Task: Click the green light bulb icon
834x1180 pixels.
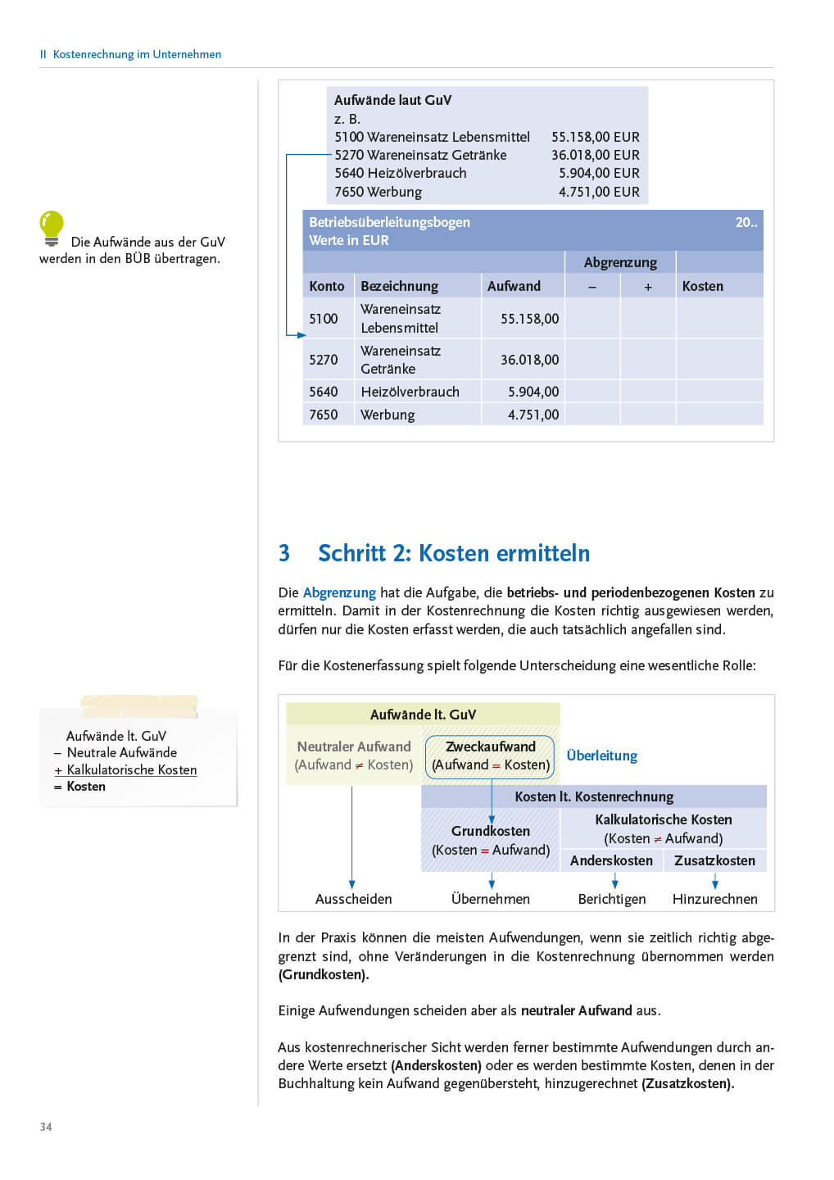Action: pos(52,228)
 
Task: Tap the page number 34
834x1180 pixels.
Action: pos(46,1127)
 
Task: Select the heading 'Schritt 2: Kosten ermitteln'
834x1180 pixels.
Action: pos(453,553)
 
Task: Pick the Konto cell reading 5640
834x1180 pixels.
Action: pos(324,392)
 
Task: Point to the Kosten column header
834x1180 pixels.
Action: pos(702,286)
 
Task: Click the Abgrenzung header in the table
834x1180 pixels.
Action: pos(620,262)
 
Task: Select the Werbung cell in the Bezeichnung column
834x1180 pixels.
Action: pos(388,415)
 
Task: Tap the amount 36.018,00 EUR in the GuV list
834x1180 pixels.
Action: pos(595,155)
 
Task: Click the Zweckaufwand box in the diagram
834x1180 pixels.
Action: pos(490,756)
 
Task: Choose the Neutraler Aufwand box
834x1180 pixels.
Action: pos(354,756)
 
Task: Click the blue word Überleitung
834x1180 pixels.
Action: pos(601,756)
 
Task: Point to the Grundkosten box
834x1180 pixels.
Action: pos(490,840)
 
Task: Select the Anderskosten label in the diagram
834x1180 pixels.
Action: pos(611,860)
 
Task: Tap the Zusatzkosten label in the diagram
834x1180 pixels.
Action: pos(714,860)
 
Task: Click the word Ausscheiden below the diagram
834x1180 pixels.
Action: pos(353,899)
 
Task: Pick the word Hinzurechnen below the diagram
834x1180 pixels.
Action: pos(714,899)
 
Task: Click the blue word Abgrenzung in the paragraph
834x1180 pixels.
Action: pos(339,592)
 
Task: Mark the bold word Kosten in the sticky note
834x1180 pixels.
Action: pos(86,787)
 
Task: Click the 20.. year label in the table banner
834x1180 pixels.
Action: pos(746,222)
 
